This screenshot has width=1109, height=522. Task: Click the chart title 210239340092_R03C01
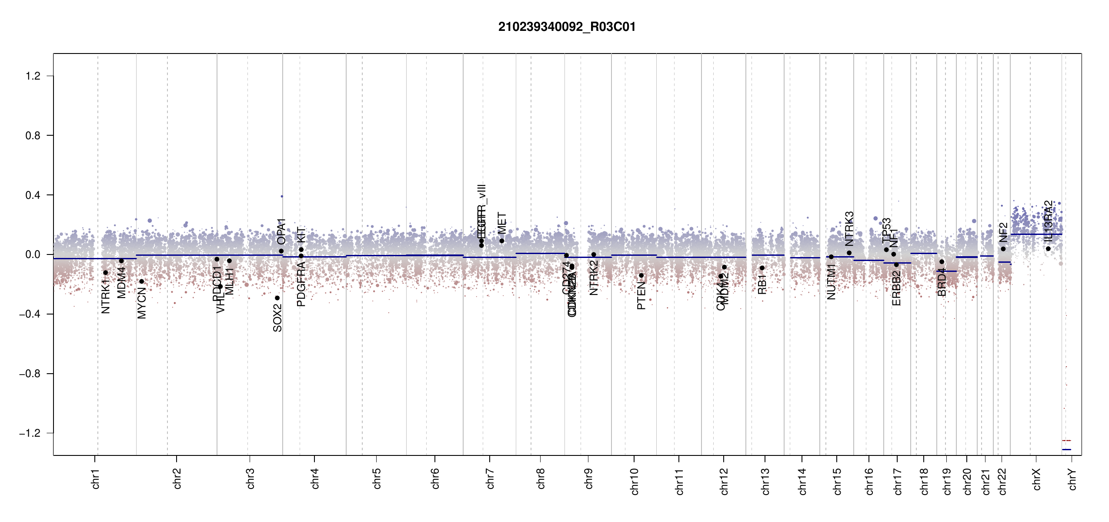tap(567, 27)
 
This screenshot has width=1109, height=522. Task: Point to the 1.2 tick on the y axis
tap(33, 76)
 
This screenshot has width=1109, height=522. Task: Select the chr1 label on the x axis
tap(96, 478)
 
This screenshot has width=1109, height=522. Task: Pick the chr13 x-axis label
tap(765, 481)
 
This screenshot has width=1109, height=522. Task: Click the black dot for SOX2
tap(277, 298)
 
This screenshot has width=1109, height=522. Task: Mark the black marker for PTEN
tap(641, 275)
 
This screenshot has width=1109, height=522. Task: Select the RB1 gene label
tap(762, 284)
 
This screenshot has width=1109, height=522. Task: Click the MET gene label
tap(502, 223)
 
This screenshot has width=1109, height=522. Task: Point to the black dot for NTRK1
tap(105, 273)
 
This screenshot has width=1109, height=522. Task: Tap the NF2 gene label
tap(1003, 232)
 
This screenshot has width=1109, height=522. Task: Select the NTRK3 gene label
tap(849, 229)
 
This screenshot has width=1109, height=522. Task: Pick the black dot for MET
tap(501, 241)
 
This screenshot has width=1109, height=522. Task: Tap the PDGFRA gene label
tap(301, 285)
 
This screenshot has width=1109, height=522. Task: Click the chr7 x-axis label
tap(490, 478)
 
